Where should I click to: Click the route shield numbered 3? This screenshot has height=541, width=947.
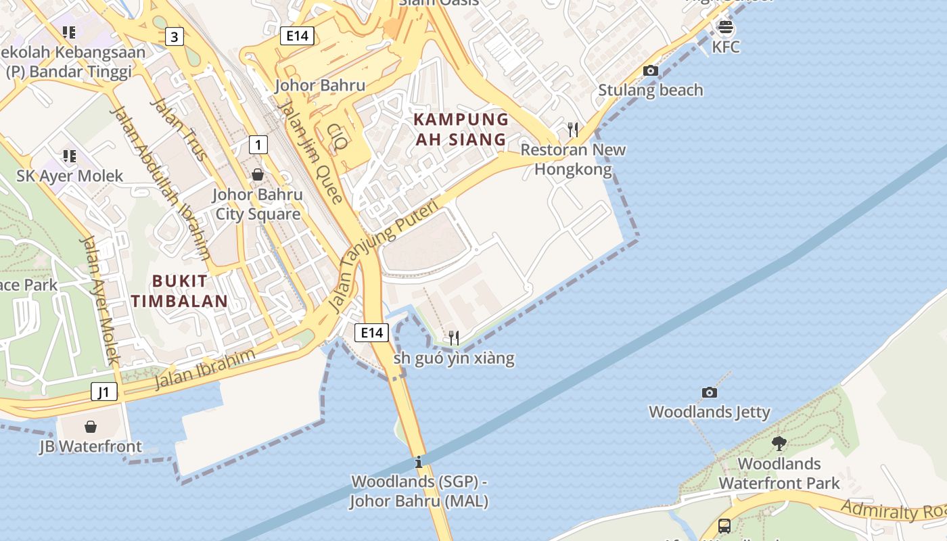(175, 37)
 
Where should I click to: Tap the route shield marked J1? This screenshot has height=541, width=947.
(104, 392)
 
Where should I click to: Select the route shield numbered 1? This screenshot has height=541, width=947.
(258, 144)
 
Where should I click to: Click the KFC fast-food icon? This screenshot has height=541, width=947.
(726, 28)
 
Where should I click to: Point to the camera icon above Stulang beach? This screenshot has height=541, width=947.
(651, 70)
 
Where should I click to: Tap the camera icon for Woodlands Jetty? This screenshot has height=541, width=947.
(709, 392)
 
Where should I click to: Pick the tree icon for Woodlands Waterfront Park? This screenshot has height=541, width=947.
(779, 444)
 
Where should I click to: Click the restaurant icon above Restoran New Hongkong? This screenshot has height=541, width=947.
(573, 130)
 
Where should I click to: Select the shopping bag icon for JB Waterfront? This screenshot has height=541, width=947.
(91, 427)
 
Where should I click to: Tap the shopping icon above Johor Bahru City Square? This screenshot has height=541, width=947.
(258, 174)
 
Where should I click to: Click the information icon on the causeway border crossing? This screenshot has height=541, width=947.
(419, 463)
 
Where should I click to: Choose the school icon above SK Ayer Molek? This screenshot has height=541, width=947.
(69, 156)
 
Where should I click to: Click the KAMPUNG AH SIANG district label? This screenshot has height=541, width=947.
(460, 129)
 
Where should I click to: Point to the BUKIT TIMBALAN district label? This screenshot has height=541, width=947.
(179, 291)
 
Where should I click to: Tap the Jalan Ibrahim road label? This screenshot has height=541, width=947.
(205, 369)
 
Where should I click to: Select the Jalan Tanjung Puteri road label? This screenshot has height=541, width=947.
(383, 257)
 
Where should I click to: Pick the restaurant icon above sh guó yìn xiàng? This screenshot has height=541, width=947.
(454, 337)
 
